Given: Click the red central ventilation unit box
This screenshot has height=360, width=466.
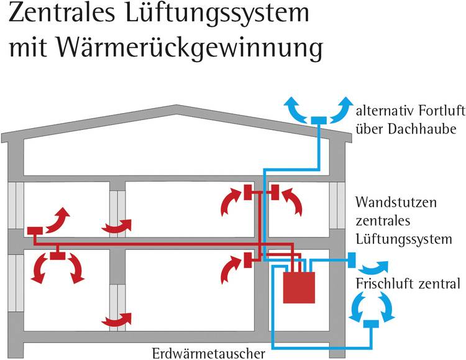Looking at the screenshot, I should point(299,288).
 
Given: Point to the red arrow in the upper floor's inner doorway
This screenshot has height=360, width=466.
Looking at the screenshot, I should point(118,226).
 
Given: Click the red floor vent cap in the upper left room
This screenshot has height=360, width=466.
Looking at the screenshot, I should point(35,231).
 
